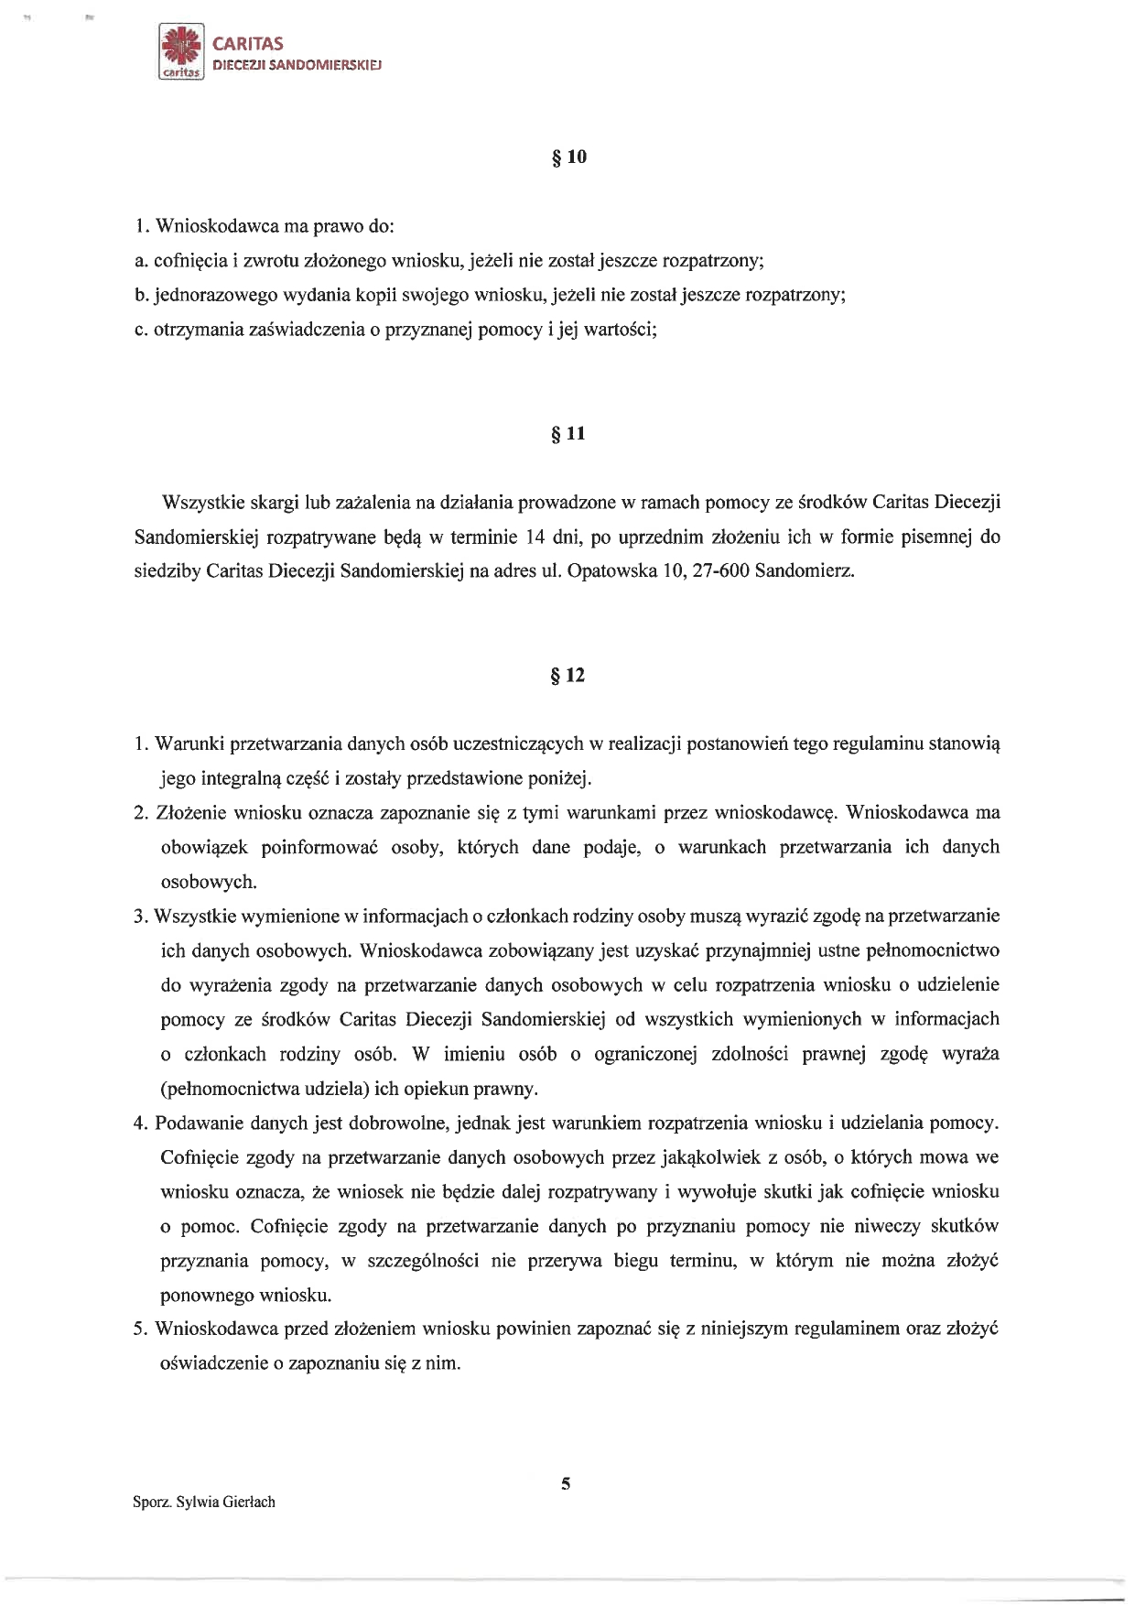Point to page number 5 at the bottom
pos(566,1485)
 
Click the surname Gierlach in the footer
pos(246,1502)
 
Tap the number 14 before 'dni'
pos(535,537)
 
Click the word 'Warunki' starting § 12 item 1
pos(189,743)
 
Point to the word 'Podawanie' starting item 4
pos(196,1123)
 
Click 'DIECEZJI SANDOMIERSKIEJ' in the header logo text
pos(297,66)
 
